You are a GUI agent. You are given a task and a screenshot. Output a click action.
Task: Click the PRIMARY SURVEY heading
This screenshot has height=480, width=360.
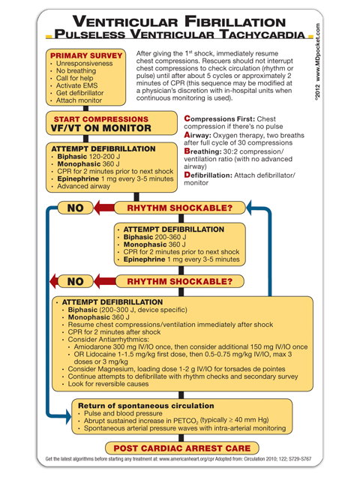(x=85, y=56)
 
